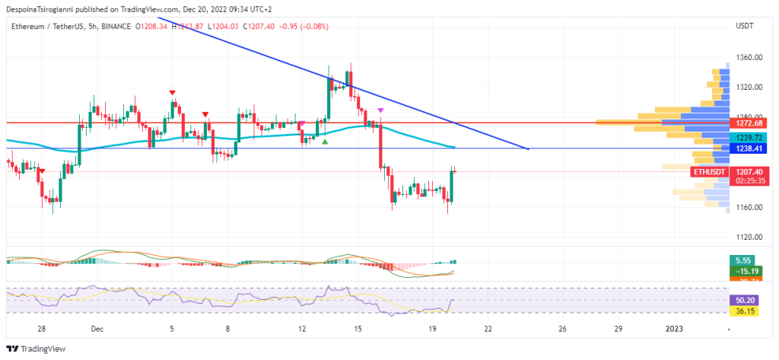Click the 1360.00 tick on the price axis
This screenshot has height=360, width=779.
(749, 58)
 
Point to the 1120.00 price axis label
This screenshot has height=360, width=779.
(749, 237)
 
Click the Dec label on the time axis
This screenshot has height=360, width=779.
(97, 329)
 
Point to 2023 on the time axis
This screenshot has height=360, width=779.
(675, 329)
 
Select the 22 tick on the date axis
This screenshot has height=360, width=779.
(488, 329)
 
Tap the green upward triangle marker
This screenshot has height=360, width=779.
(325, 141)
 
